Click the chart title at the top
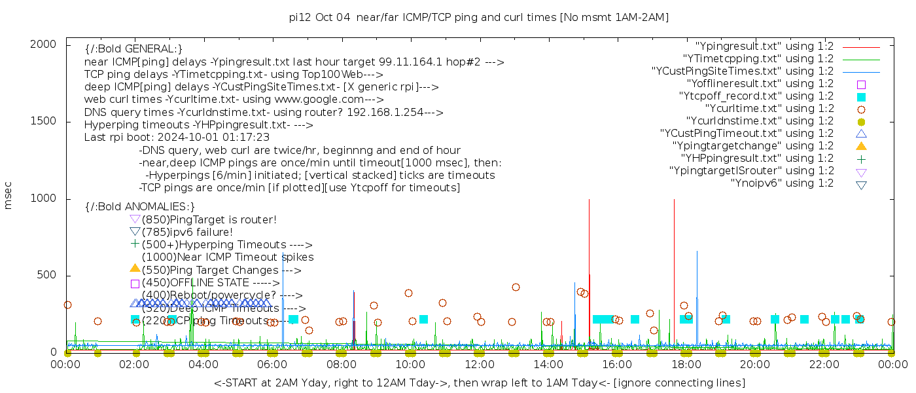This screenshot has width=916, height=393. coord(478,18)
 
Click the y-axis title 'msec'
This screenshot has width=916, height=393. coord(9,196)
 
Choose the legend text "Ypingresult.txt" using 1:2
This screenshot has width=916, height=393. coord(764,47)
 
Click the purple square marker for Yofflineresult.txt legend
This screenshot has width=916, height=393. coord(861,84)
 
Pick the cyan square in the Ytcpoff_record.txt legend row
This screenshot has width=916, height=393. coord(861,97)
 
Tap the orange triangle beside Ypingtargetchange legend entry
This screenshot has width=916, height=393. coord(861,146)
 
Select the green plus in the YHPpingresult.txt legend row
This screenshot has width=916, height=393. coord(861,159)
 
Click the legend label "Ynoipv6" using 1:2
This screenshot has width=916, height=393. coord(782,183)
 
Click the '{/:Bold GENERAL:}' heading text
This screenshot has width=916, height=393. coord(133,49)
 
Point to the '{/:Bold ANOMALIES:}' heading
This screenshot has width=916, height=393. coord(140,207)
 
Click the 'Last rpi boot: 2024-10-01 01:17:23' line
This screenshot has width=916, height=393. coord(177,138)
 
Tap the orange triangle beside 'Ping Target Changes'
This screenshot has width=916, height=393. coord(135,268)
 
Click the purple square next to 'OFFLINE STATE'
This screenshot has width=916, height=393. coord(135,284)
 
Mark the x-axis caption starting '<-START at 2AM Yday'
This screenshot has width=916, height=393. coord(479,383)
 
